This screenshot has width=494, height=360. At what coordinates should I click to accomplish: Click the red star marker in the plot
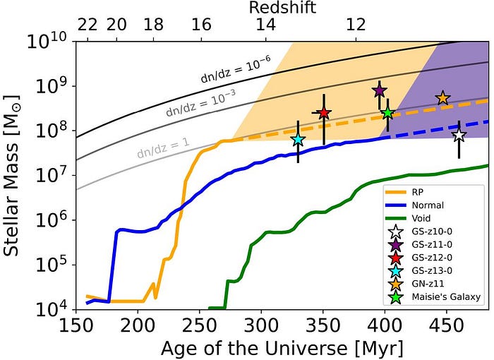(x=324, y=113)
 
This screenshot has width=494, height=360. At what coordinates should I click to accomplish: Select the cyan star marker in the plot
(x=298, y=139)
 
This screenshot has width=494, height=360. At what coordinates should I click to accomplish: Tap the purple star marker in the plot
(x=380, y=90)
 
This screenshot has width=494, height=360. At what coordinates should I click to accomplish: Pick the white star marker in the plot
(x=459, y=135)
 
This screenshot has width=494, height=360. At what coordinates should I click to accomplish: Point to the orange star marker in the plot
(x=442, y=98)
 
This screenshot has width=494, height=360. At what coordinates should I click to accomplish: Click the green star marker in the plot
(x=387, y=113)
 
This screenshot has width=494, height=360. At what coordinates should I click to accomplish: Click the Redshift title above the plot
(x=283, y=8)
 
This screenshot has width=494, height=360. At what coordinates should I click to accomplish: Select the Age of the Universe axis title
(x=282, y=349)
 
